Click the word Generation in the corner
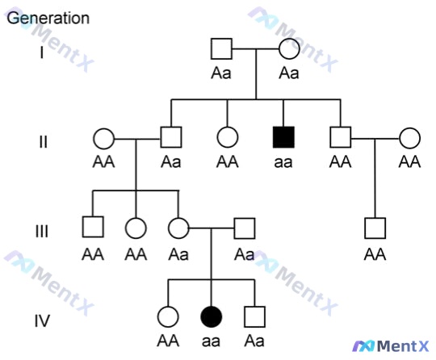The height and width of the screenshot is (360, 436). click(48, 19)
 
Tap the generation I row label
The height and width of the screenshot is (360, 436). click(42, 52)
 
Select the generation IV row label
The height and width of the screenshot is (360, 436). click(42, 320)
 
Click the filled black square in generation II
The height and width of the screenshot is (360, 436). click(283, 137)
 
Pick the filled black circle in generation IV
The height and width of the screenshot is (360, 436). click(212, 317)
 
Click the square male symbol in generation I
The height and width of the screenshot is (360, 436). click(221, 49)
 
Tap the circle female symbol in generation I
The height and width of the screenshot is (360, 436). click(289, 49)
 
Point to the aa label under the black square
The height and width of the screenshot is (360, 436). click(283, 162)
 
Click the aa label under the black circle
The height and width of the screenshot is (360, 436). click(211, 341)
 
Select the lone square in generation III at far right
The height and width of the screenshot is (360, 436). click(375, 228)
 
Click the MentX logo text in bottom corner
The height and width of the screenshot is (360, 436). click(403, 346)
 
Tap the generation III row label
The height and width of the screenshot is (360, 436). click(42, 232)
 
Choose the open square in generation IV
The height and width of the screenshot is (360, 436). click(254, 317)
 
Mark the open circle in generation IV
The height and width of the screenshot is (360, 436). click(168, 317)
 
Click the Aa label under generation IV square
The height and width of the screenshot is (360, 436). click(254, 341)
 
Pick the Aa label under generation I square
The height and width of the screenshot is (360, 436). click(221, 73)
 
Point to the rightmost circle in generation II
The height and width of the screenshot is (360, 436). click(409, 138)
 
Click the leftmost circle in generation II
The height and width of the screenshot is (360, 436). click(103, 139)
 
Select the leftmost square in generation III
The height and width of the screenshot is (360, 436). click(93, 227)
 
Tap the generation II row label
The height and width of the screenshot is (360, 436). click(43, 142)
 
